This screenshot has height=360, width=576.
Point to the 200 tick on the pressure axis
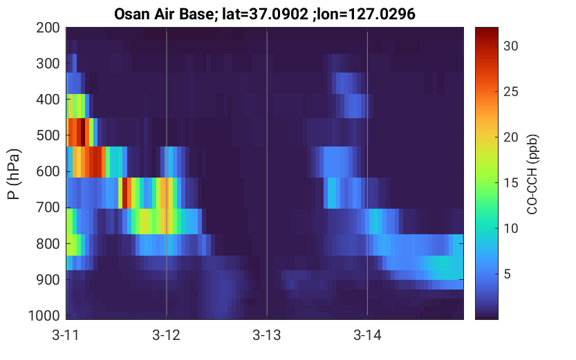coord(48,28)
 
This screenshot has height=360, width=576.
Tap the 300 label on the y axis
coord(48,64)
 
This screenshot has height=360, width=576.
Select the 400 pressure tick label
coord(48,100)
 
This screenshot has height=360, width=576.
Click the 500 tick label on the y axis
coord(48,135)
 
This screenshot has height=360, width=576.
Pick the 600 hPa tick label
coord(48,171)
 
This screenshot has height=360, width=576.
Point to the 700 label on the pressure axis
coord(48,207)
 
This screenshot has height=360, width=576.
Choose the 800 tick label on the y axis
coord(48,244)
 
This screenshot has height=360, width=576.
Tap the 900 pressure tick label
coord(48,280)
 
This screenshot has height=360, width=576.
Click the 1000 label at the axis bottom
coord(44,316)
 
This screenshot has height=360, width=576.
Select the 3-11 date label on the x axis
coord(66,335)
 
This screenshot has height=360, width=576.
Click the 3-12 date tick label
coord(167,335)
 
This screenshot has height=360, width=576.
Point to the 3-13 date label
coord(267,335)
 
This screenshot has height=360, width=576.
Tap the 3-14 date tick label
coord(367,335)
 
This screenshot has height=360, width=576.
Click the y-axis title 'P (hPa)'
coord(14,174)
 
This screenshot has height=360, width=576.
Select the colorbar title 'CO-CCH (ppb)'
coord(532,174)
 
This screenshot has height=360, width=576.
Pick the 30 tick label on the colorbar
coord(510,46)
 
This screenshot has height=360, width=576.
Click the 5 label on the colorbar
coord(507,274)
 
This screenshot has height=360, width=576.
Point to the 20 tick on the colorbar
coord(510,138)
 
